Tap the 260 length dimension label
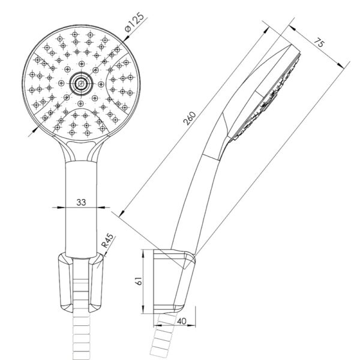click(x=190, y=118)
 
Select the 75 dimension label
click(x=319, y=43)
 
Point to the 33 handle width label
click(x=81, y=202)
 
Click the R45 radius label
click(x=107, y=241)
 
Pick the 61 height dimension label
click(x=139, y=281)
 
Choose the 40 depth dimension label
click(x=182, y=321)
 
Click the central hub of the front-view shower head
click(x=81, y=83)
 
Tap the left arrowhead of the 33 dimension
click(x=60, y=208)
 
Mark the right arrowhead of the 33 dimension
click(x=101, y=208)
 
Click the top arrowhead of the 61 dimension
click(x=143, y=253)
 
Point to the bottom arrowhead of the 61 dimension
click(x=143, y=310)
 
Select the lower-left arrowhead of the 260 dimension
click(x=122, y=213)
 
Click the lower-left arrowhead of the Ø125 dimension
click(x=35, y=130)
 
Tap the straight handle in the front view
click(x=81, y=209)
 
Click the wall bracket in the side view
click(x=174, y=281)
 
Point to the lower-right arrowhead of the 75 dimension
click(x=341, y=65)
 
